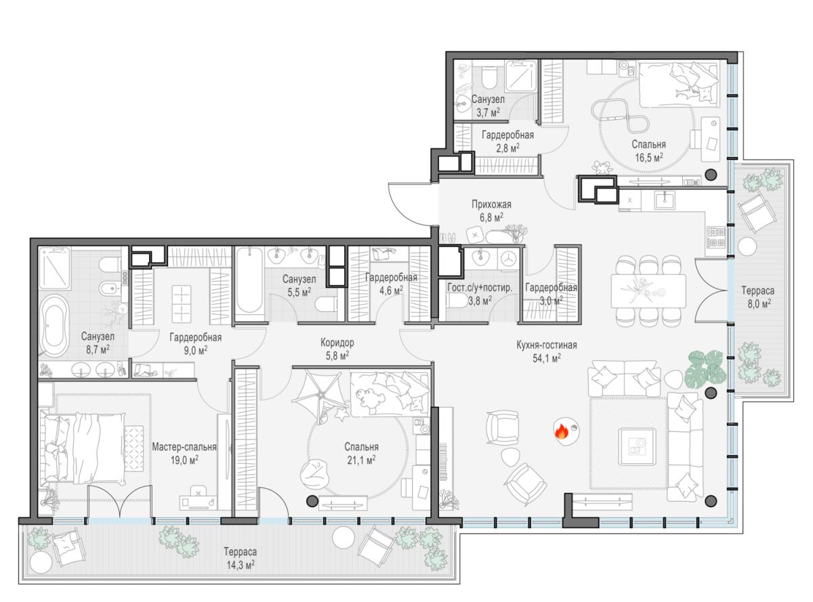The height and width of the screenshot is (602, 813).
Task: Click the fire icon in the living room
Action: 561,431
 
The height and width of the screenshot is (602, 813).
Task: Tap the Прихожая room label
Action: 491,205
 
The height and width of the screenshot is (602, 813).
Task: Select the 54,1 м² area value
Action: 547,358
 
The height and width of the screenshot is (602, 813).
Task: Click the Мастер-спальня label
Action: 184,447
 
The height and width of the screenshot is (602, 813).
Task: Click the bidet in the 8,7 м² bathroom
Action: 109,288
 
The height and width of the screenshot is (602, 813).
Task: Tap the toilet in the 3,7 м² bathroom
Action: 488,78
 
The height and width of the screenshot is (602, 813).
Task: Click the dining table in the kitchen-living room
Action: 648,291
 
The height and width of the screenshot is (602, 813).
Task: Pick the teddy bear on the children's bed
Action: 369,397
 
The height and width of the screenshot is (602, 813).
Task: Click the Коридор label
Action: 337,343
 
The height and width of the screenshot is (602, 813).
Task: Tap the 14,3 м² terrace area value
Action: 241,565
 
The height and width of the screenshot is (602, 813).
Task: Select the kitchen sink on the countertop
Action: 665,200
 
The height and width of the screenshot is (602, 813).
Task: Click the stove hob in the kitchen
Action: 716,237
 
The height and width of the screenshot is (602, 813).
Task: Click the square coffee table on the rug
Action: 637,446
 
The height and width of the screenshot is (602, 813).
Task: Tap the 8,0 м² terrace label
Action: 757,297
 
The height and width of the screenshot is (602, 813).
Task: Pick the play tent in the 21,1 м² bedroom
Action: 320,395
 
